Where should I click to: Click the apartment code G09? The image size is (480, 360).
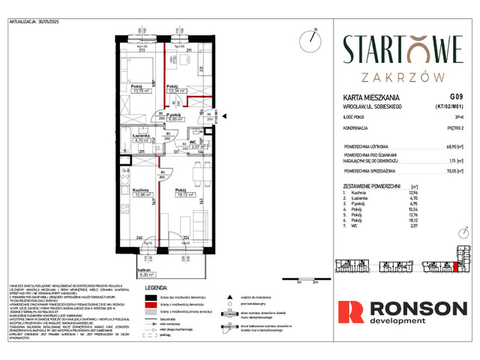[455, 97]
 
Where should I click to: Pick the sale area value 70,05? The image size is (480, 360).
[448, 171]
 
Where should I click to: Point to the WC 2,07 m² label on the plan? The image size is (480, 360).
[192, 145]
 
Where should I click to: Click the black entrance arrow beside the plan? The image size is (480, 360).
[219, 115]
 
